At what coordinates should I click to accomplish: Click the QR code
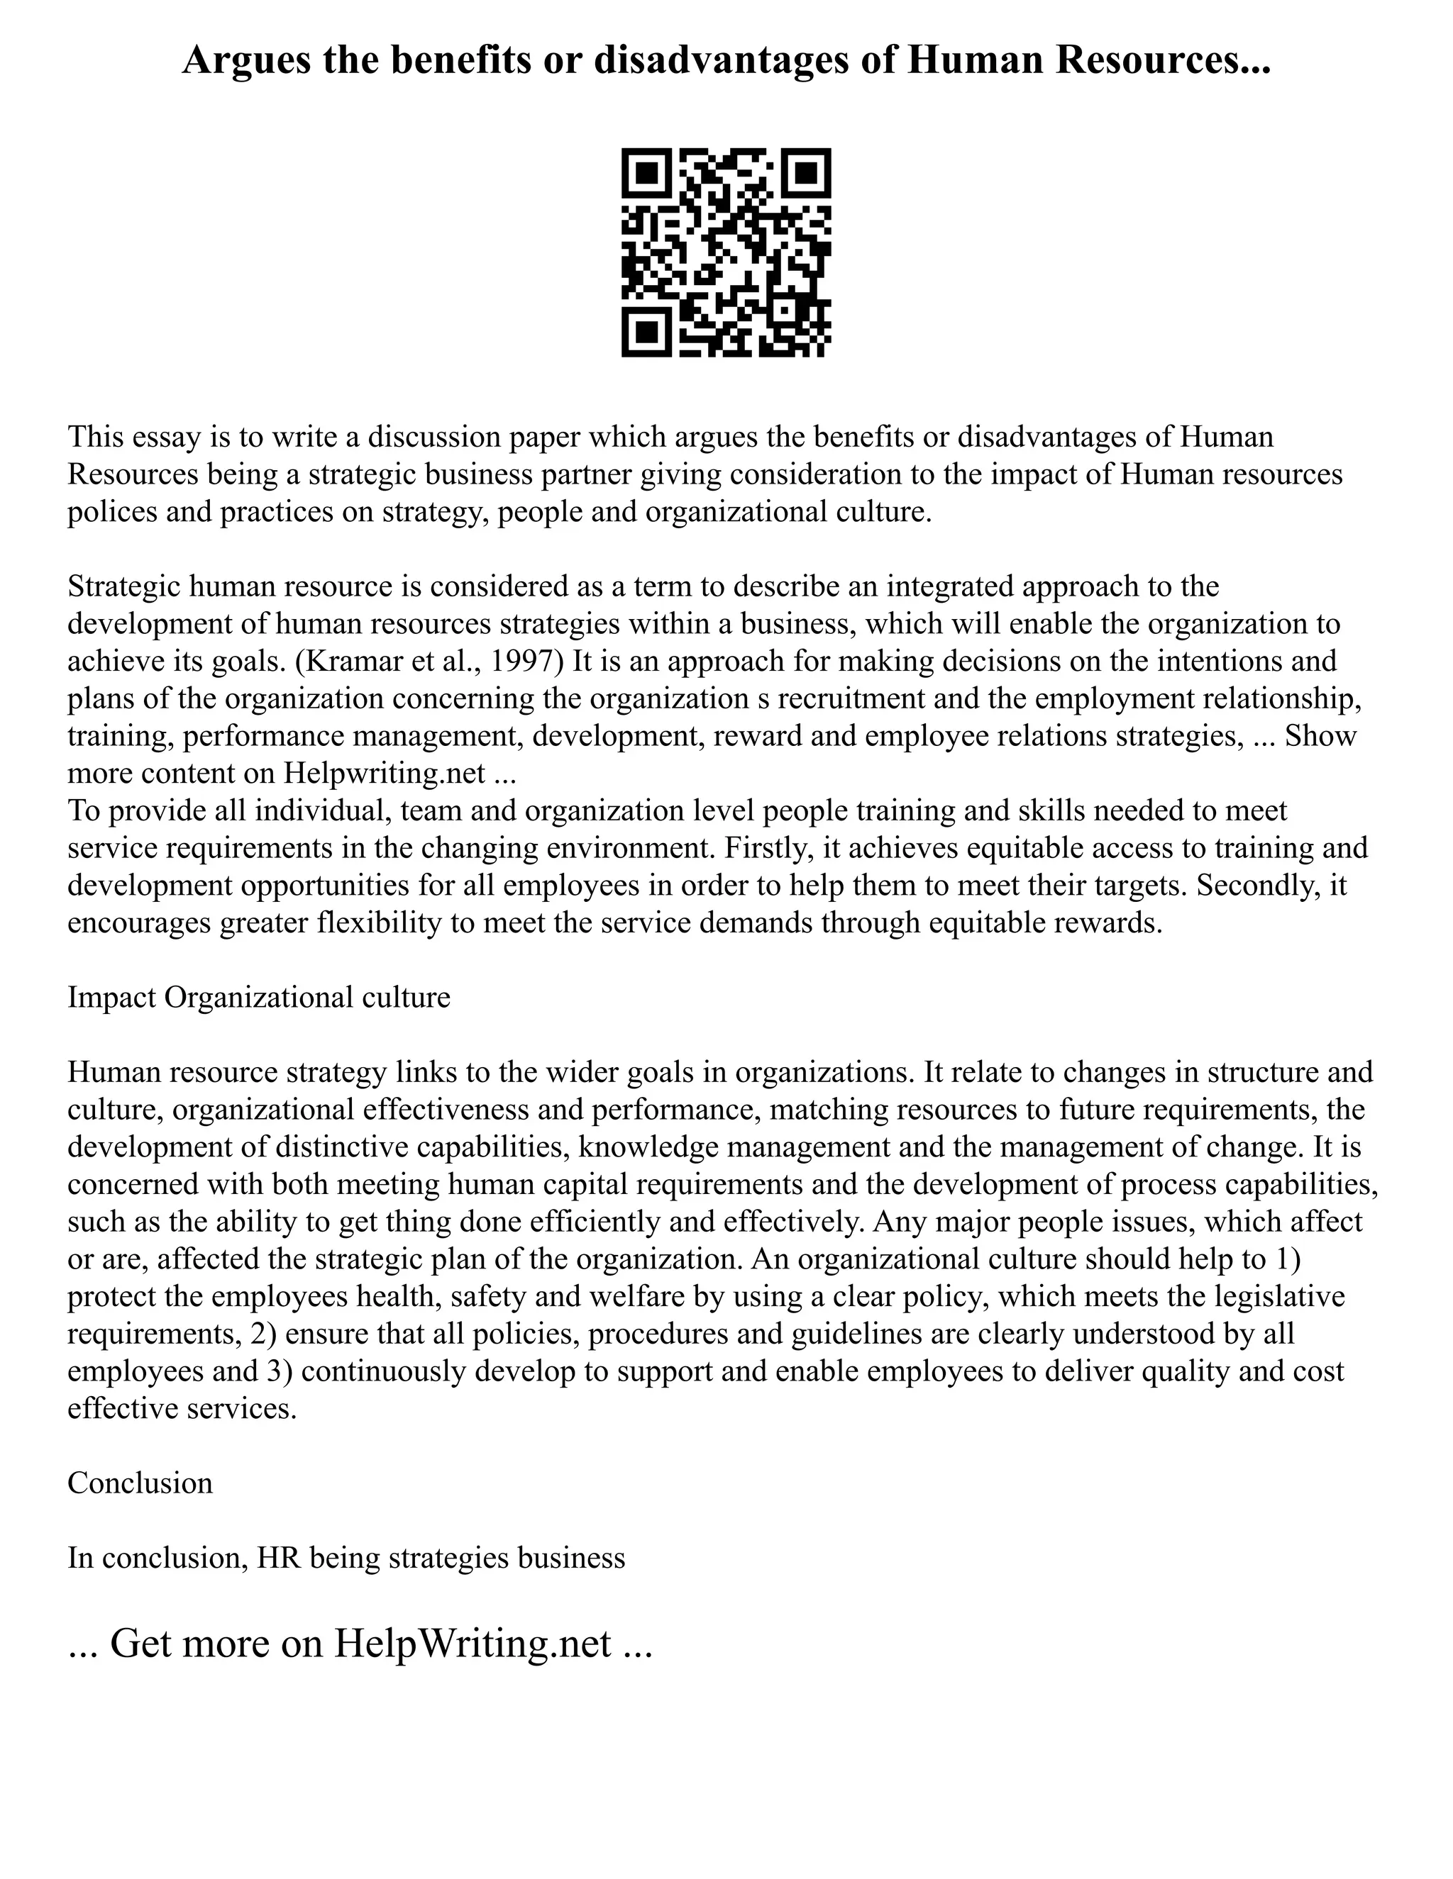(x=726, y=252)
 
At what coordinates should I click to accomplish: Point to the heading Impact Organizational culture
(x=258, y=996)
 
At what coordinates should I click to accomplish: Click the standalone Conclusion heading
(x=140, y=1483)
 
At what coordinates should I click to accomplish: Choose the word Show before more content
(x=1320, y=735)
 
